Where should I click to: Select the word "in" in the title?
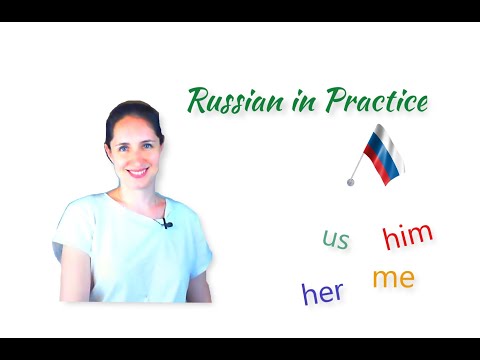coord(300,102)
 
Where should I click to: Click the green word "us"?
coord(336,240)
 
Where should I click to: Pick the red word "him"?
coord(408,237)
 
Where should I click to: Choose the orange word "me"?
coord(393,278)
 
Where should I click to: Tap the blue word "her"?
coord(322,292)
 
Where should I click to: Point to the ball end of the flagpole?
coord(351,181)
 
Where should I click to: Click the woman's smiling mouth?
coord(136,171)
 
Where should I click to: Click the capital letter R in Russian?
coord(198,100)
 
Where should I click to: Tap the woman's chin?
coord(137,185)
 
